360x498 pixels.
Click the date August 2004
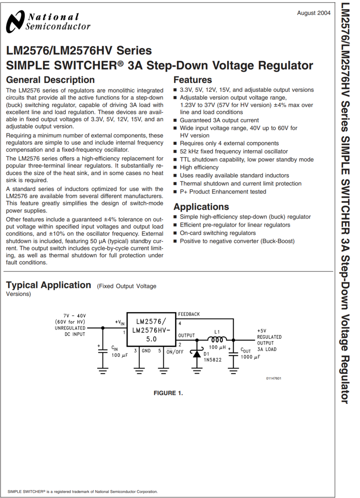[x=313, y=13]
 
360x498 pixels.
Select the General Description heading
[x=51, y=80]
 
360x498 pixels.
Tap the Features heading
[x=193, y=80]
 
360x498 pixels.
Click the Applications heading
[x=201, y=207]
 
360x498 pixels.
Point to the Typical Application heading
[x=49, y=285]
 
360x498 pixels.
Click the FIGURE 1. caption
[x=168, y=393]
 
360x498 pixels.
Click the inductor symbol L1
[x=217, y=339]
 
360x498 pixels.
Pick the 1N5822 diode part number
[x=212, y=360]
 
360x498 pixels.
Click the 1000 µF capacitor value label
[x=250, y=357]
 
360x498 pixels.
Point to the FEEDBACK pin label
[x=189, y=314]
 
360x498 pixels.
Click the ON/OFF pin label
[x=175, y=352]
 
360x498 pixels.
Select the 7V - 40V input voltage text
[x=75, y=315]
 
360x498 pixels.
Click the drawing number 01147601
[x=274, y=378]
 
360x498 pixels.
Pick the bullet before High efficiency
[x=175, y=168]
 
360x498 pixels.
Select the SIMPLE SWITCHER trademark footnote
[x=83, y=491]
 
